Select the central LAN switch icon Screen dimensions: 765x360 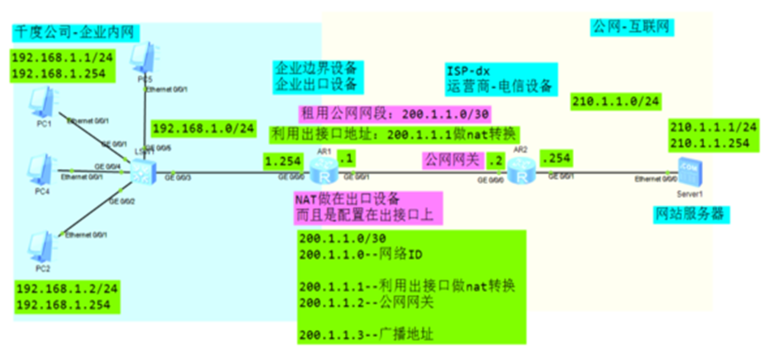pos(141,172)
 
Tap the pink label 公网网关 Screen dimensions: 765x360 pos(451,161)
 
